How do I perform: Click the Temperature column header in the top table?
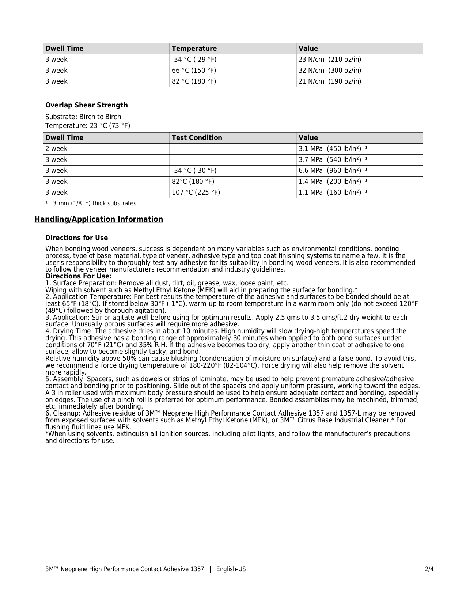(x=194, y=49)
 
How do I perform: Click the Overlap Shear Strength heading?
(x=87, y=105)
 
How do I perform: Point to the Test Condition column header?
(x=197, y=138)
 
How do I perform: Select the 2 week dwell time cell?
(x=57, y=149)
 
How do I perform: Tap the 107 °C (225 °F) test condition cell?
(x=196, y=193)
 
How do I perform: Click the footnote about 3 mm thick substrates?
(x=94, y=204)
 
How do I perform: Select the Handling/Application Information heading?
(x=99, y=219)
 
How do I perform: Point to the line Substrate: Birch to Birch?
(x=83, y=117)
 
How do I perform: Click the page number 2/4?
(x=429, y=569)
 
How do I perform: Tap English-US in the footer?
(x=231, y=569)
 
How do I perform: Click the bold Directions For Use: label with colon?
(x=78, y=276)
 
